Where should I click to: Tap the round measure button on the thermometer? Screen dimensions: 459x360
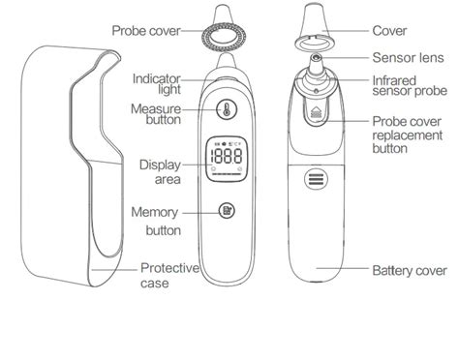[224, 110]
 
